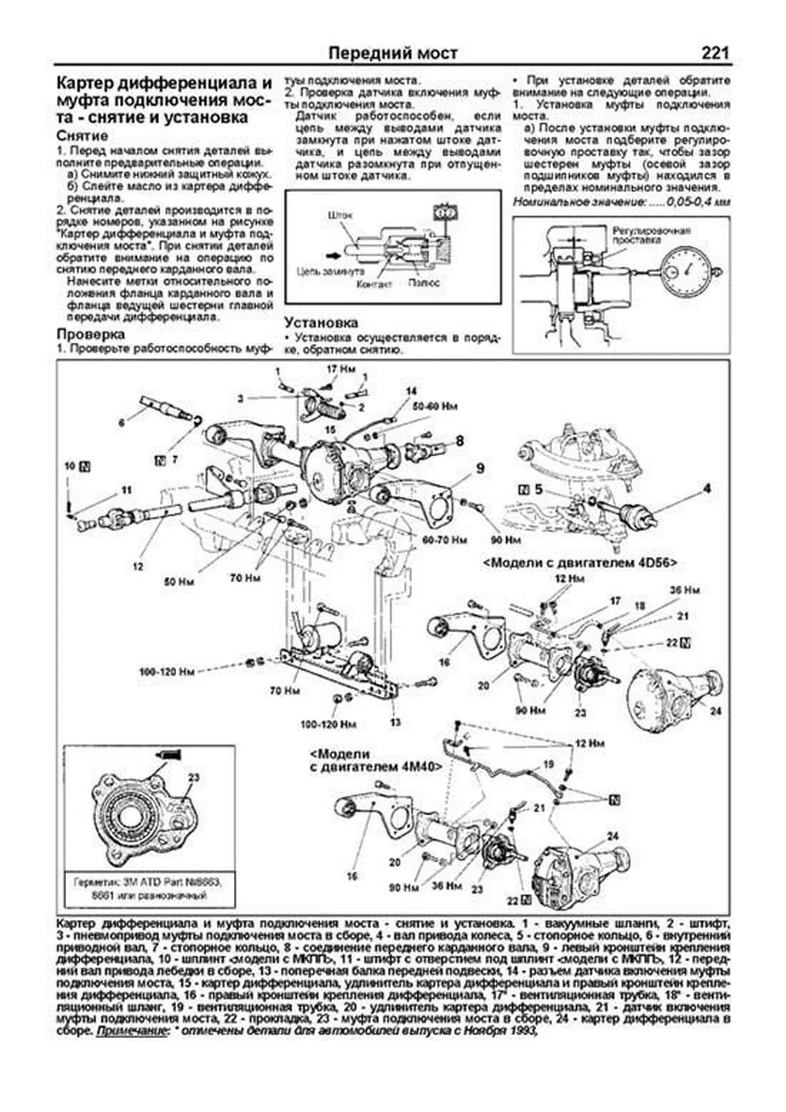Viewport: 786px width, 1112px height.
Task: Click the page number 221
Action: coord(715,53)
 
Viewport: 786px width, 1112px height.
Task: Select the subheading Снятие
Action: coord(83,136)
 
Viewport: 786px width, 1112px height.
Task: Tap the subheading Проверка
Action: coord(90,335)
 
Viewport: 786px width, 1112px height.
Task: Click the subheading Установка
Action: coord(321,322)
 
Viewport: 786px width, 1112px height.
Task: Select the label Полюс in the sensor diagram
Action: coord(422,282)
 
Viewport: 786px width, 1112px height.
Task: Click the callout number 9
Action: coord(480,468)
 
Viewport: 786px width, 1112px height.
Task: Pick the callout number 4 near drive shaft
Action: coord(707,488)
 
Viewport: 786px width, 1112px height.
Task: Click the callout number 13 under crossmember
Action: coord(394,722)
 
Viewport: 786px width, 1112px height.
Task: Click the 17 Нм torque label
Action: coord(340,370)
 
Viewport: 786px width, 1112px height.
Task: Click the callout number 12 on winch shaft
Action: coord(137,566)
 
